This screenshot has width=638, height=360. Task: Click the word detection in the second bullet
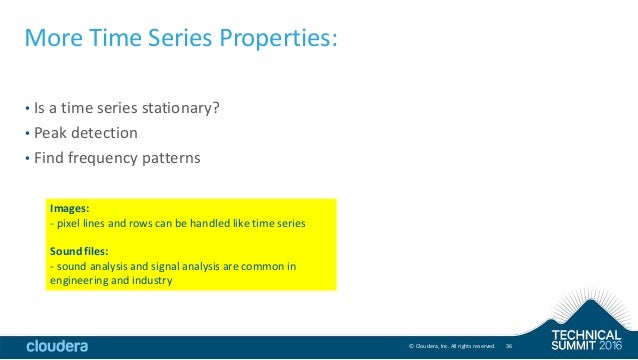point(106,132)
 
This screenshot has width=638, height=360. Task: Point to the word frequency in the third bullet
point(105,157)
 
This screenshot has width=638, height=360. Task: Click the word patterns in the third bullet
point(172,157)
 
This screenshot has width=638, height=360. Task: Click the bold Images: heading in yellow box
point(69,209)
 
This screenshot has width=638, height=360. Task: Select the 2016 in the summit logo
point(612,344)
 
